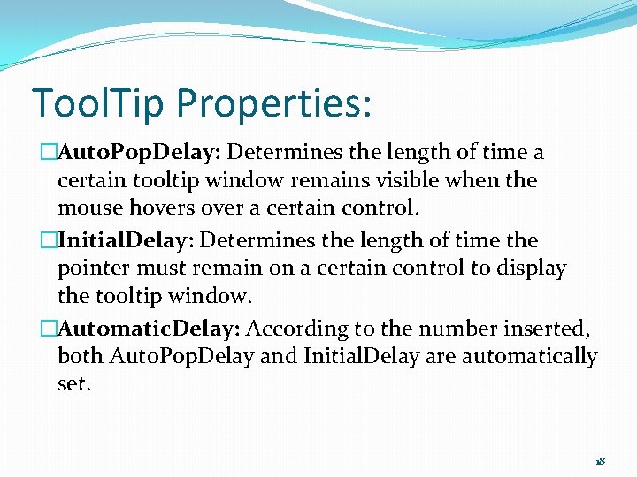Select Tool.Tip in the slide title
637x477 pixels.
pos(99,103)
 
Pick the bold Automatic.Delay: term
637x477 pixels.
pos(149,329)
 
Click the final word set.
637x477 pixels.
pos(73,385)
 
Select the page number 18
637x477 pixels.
pos(599,461)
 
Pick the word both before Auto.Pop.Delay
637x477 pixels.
pos(81,357)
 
